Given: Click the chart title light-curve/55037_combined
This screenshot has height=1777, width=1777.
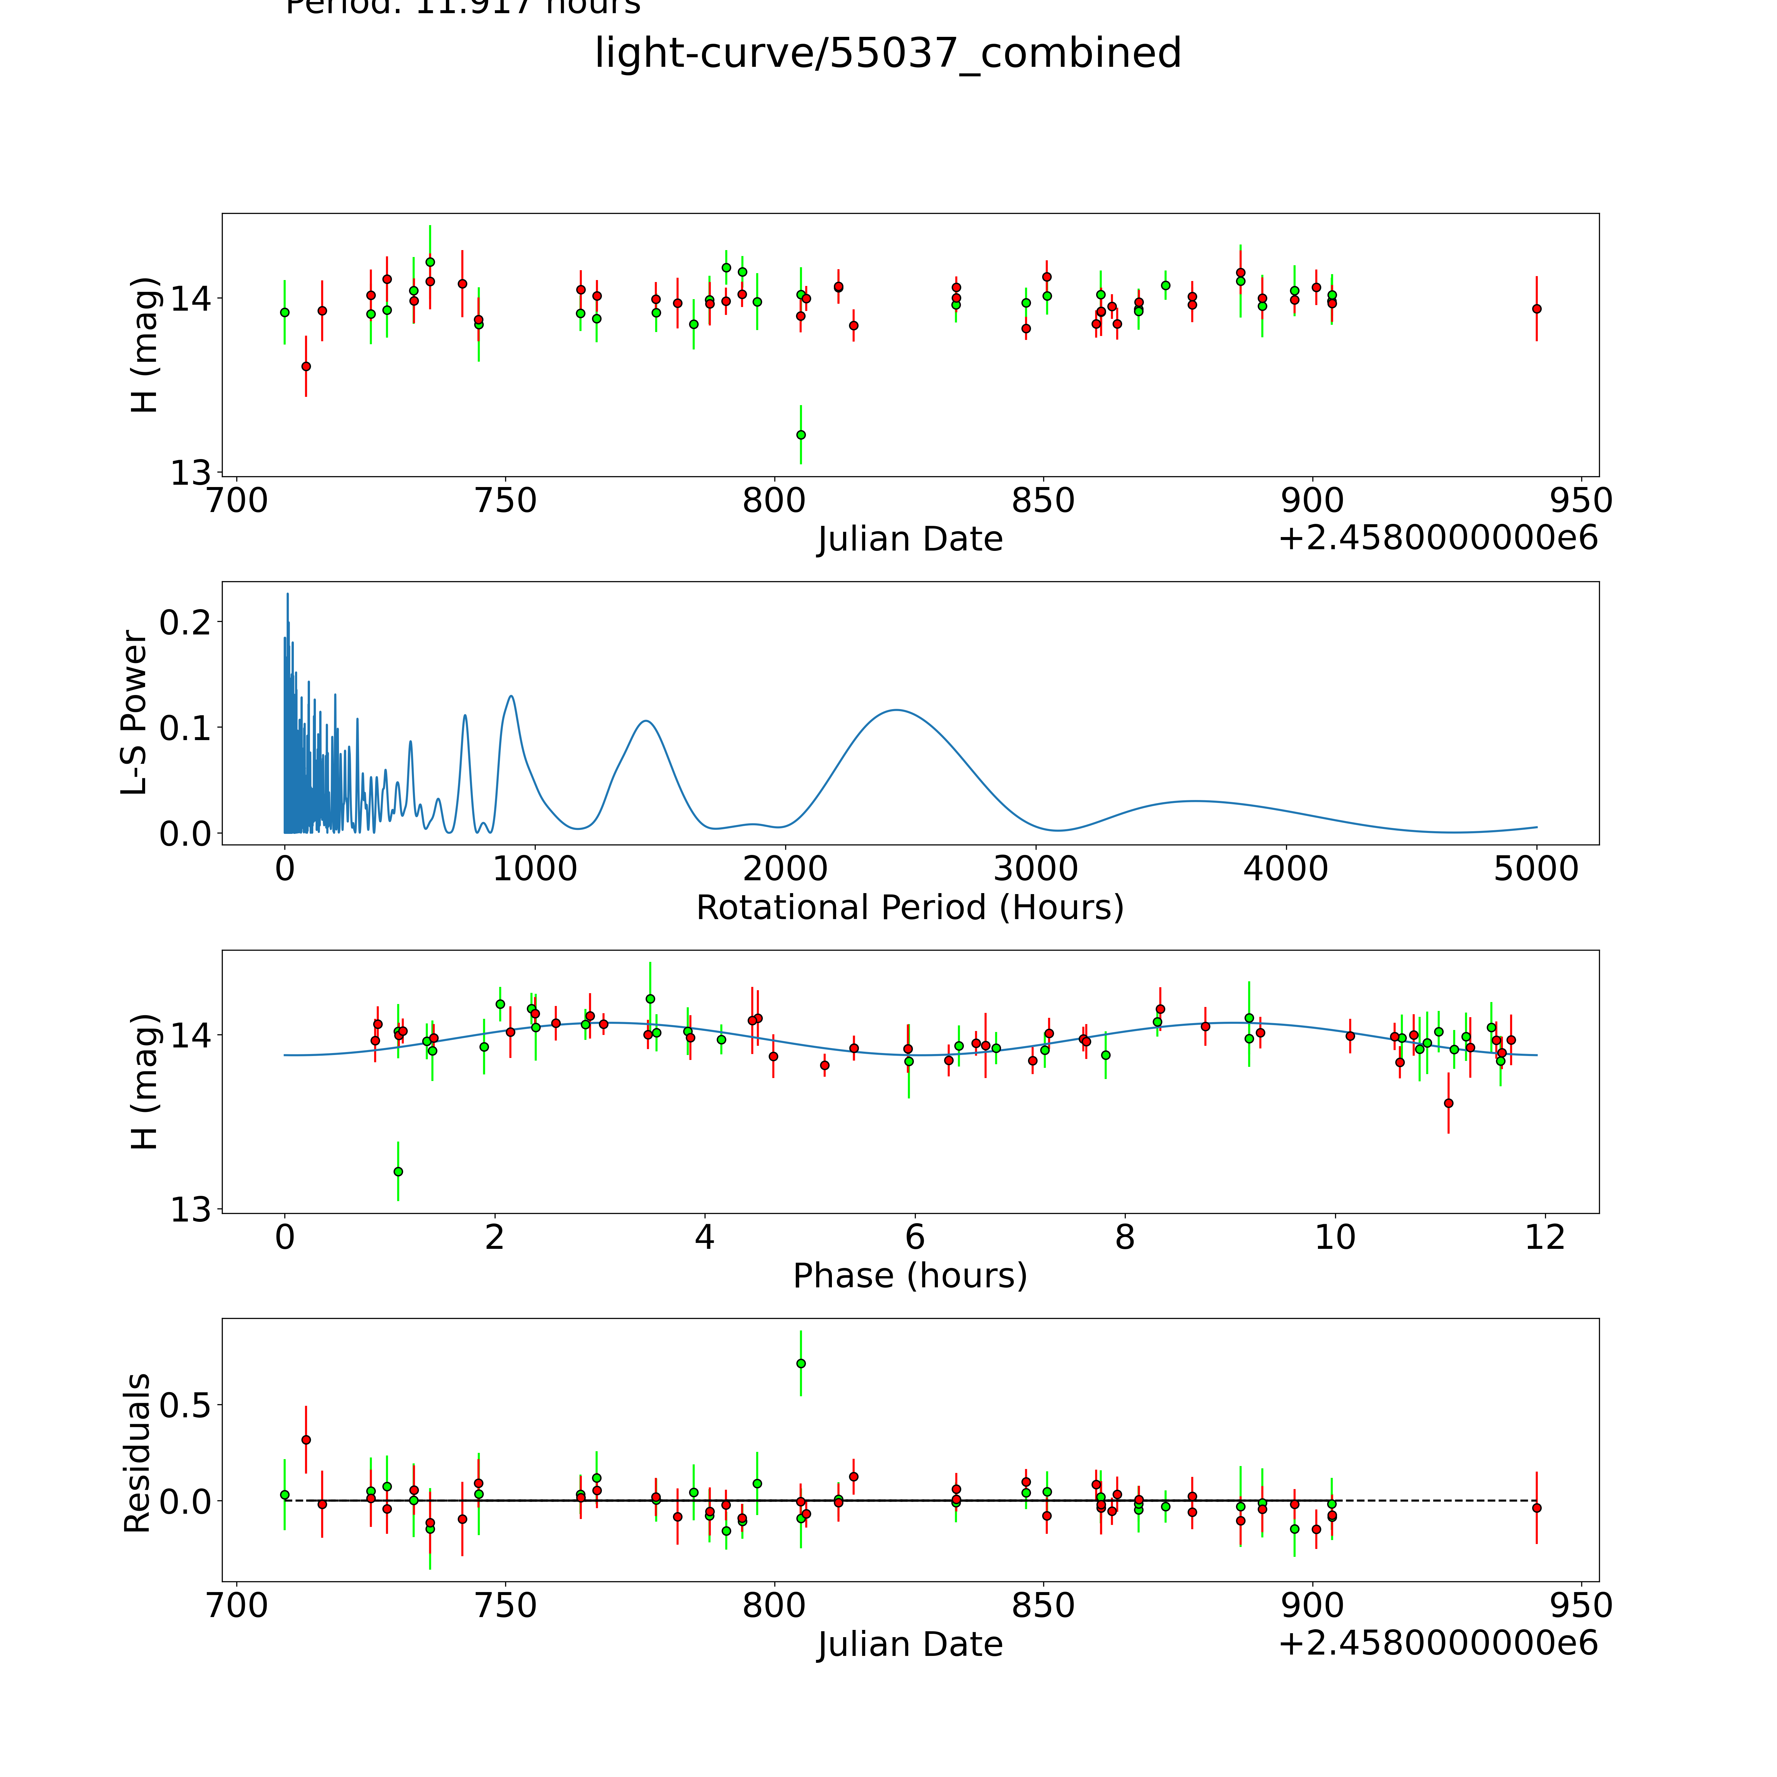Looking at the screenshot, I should coord(888,53).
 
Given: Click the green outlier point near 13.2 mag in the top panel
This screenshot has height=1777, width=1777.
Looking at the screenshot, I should coord(801,434).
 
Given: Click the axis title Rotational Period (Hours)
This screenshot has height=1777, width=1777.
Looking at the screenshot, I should coord(910,908).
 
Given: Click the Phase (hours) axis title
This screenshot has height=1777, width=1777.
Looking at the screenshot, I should coord(910,1276).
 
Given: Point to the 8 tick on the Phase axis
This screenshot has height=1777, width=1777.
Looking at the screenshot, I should coord(1124,1238).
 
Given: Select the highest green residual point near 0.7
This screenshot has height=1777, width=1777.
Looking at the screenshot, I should coord(801,1363).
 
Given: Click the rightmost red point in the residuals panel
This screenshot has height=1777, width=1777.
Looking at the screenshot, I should coord(1536,1507).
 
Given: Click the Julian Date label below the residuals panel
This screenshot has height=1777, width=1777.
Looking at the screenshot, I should coord(910,1645).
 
